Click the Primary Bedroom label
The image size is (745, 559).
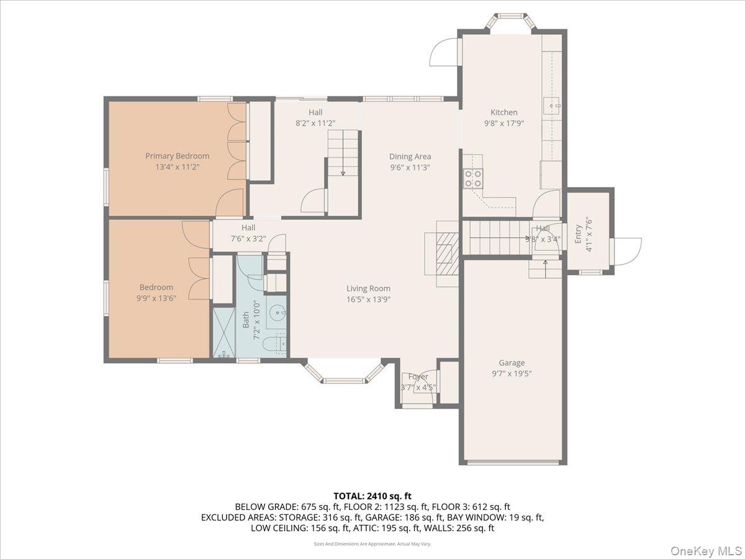(177, 156)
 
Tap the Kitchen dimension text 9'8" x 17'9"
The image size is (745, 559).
(503, 123)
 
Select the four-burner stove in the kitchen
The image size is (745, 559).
(472, 179)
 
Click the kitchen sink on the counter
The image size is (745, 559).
(552, 106)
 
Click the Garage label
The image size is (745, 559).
(512, 363)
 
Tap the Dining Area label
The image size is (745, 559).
(410, 157)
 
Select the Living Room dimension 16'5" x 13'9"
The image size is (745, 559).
(368, 299)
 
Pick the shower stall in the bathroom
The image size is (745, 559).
(224, 334)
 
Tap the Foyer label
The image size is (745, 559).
(418, 376)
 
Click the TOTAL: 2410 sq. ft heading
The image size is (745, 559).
(372, 496)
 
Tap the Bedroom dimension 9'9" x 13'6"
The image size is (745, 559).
(156, 298)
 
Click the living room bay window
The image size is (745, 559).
(343, 376)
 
